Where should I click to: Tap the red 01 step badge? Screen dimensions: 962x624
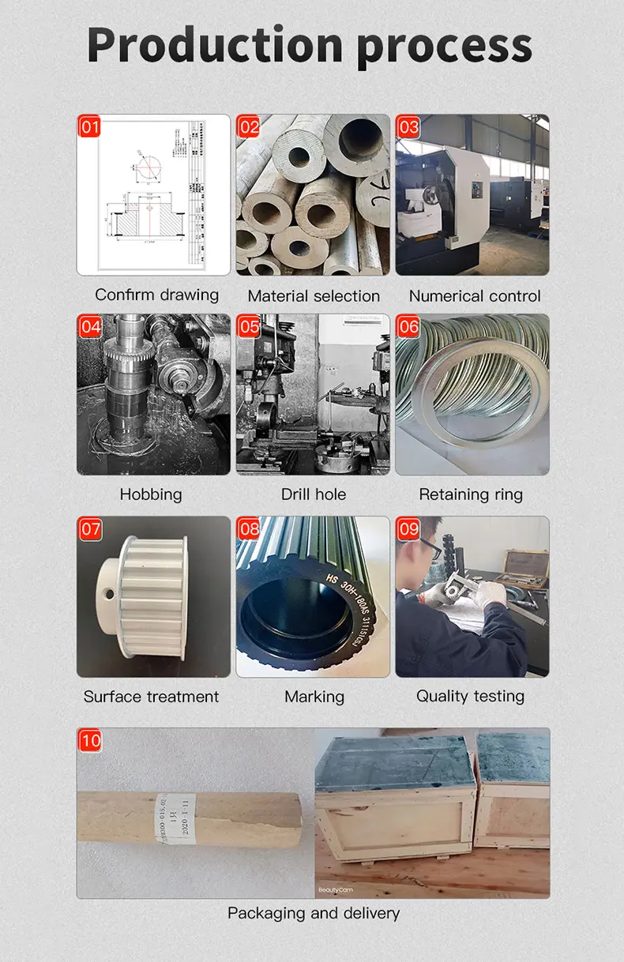[90, 127]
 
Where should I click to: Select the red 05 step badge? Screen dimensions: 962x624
[250, 327]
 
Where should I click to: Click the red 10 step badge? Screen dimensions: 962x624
[90, 741]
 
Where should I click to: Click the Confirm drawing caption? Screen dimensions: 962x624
[156, 295]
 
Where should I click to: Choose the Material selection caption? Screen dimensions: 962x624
[314, 296]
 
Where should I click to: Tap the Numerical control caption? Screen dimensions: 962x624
[475, 296]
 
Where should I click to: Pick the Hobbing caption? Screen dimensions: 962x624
[151, 494]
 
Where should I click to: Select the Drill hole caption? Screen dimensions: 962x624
[314, 494]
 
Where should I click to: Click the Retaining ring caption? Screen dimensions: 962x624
[471, 494]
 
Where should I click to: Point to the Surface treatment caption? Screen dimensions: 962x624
[151, 697]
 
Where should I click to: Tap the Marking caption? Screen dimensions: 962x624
[314, 697]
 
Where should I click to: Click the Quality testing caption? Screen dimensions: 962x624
[470, 697]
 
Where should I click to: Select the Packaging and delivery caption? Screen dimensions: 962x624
[314, 913]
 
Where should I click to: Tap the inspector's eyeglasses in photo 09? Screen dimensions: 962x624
[431, 549]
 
